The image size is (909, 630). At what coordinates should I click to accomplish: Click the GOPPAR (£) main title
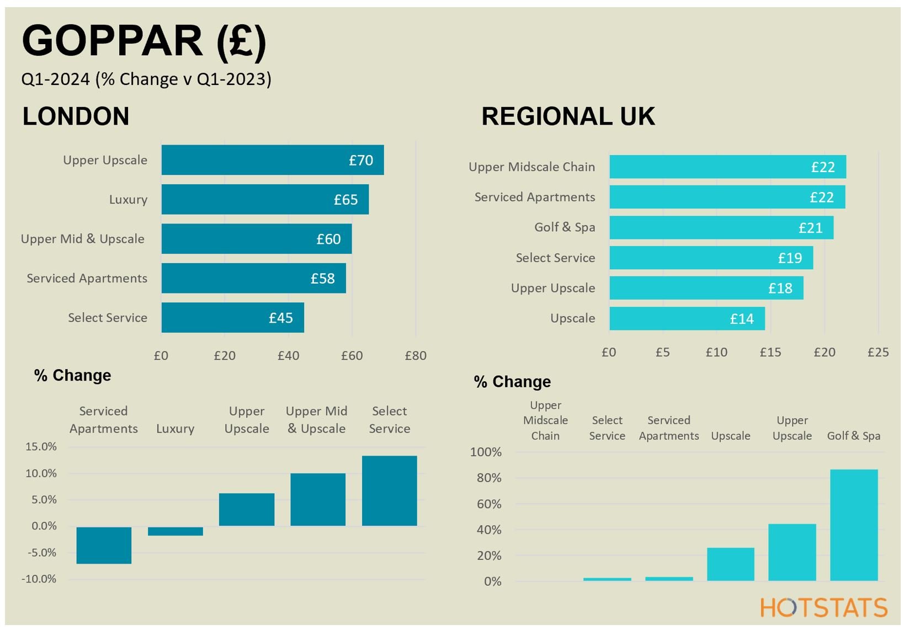143,41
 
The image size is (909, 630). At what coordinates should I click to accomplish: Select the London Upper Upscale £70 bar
272,160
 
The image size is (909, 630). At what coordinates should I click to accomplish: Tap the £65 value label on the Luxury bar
345,200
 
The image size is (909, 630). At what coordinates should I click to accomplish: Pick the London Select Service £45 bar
232,318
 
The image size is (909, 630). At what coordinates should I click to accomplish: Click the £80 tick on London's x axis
416,356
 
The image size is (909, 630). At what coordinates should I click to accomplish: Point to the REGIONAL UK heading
568,116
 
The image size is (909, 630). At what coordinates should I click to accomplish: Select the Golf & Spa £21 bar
721,227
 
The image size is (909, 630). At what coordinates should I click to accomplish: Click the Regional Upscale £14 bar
687,318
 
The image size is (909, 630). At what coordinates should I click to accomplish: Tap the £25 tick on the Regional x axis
878,353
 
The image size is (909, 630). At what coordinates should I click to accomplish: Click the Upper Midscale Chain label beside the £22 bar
531,167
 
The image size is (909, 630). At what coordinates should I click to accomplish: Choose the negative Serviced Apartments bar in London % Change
104,545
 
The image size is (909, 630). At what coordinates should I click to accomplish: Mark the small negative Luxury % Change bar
176,531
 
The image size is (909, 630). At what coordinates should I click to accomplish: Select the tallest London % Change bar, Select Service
390,490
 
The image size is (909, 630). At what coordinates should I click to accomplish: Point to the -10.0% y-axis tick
39,579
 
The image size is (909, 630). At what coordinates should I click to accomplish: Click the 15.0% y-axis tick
41,447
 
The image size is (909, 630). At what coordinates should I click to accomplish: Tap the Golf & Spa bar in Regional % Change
854,525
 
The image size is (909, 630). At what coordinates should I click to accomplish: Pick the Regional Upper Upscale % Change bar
792,552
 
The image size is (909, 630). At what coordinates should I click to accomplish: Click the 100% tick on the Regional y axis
486,452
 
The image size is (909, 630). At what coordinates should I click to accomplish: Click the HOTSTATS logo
824,607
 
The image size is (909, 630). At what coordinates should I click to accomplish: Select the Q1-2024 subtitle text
146,79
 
